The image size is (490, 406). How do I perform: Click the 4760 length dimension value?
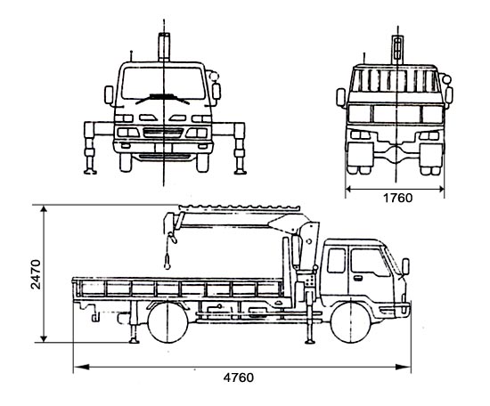239,378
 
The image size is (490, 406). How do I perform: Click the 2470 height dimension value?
36,274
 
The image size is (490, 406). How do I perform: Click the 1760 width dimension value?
397,198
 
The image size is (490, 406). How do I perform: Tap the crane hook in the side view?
167,262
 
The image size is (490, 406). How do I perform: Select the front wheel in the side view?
350,322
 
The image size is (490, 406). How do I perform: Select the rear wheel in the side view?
168,322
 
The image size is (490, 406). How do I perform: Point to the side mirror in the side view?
405,266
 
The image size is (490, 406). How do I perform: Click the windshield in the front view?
163,84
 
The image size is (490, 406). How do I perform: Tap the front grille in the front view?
163,133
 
